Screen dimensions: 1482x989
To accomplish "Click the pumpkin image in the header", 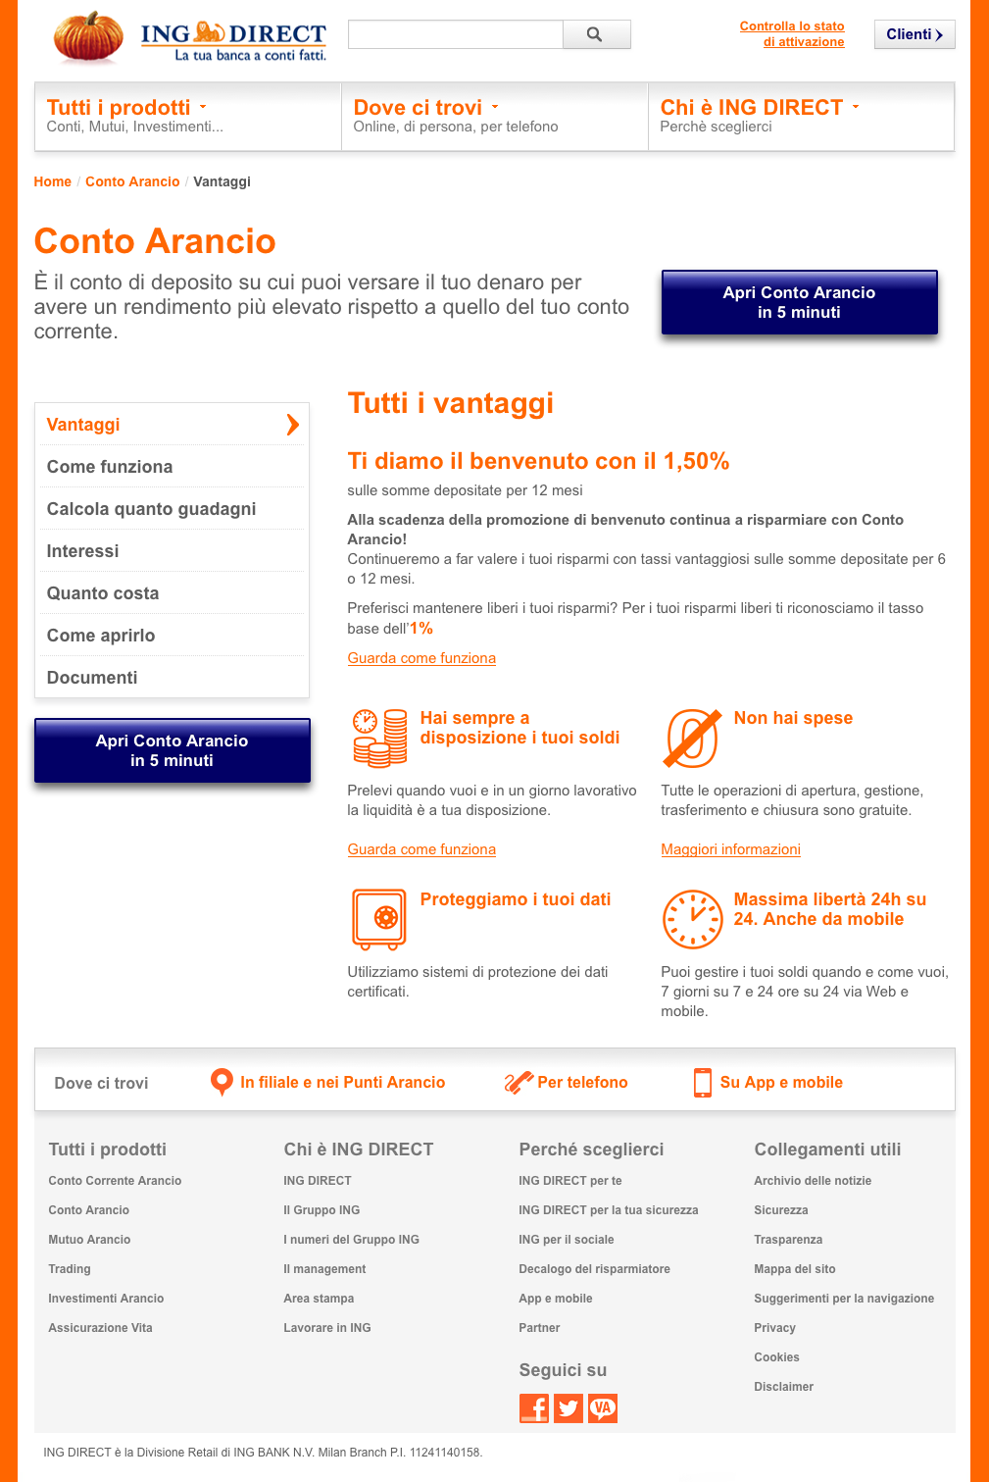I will tap(88, 36).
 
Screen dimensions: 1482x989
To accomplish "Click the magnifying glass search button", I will tap(595, 34).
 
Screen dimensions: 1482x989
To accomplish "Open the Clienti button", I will tap(914, 34).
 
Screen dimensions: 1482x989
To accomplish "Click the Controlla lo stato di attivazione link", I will tap(792, 34).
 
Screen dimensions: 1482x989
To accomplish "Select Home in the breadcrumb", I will tap(53, 181).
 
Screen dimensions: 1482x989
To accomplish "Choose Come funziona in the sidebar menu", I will tap(110, 467).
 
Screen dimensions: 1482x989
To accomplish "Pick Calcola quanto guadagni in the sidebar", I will tap(151, 509).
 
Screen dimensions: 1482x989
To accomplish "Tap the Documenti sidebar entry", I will tap(92, 678).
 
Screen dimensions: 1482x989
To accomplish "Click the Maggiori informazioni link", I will tap(730, 849).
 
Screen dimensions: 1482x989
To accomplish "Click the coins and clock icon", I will tap(379, 738).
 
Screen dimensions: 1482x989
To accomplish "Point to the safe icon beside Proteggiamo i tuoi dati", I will tap(379, 919).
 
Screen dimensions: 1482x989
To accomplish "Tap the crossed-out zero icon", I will tap(691, 738).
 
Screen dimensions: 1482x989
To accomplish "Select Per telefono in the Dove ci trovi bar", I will tap(582, 1083).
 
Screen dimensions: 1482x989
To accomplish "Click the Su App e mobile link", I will tap(781, 1083).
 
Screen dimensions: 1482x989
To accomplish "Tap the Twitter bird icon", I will tap(568, 1408).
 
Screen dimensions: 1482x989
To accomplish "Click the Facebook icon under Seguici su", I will tap(534, 1408).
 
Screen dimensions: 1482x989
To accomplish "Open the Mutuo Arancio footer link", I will tap(89, 1240).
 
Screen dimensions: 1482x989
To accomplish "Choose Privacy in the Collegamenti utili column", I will tap(774, 1328).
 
